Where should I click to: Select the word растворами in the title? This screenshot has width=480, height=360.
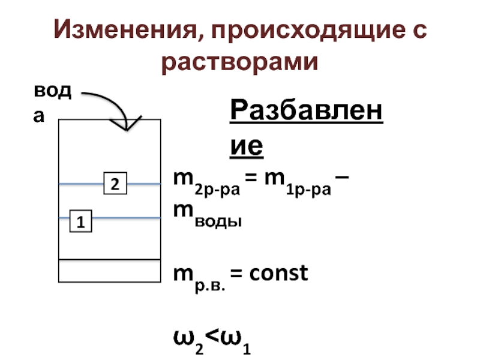[239, 62]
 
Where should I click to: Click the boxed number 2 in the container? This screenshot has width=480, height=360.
[115, 183]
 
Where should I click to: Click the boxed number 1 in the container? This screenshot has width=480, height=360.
[80, 221]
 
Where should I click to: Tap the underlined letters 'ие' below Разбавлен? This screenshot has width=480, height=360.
[247, 146]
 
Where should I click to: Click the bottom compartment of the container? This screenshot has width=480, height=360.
[109, 270]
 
